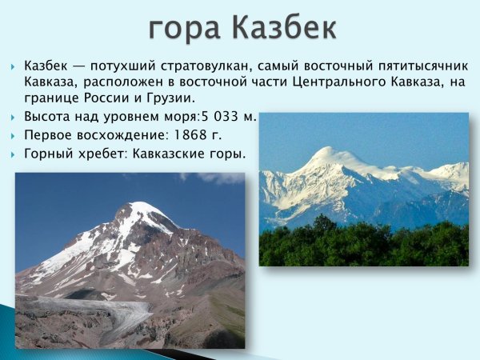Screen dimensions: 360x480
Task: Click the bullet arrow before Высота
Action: [14, 118]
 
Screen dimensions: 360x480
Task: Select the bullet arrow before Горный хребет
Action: [14, 154]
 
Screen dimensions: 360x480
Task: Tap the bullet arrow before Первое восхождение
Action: [14, 136]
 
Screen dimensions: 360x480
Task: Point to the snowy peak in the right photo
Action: [328, 154]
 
